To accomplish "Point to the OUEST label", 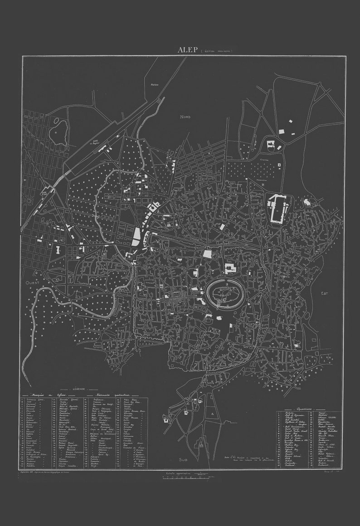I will pyautogui.click(x=33, y=282).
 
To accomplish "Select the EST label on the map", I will pyautogui.click(x=324, y=293).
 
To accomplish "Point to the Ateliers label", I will pyautogui.click(x=154, y=85).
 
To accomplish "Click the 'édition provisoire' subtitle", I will pyautogui.click(x=216, y=51).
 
